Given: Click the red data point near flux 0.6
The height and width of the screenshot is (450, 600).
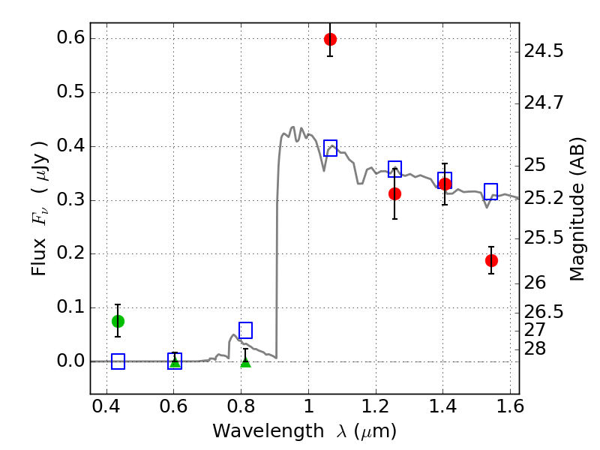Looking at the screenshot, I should [330, 39].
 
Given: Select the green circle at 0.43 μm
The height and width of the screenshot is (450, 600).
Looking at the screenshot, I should [118, 321].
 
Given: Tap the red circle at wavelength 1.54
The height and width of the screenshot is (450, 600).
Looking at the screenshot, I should [491, 260].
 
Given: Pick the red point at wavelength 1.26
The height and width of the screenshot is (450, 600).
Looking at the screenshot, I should [394, 193].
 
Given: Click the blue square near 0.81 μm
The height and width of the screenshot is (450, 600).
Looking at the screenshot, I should [245, 330].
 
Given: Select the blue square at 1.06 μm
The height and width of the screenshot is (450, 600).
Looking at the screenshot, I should [330, 148].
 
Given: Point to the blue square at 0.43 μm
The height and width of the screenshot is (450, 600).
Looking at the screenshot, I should [118, 361].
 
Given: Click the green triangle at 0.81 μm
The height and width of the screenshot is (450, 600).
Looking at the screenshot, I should [245, 361].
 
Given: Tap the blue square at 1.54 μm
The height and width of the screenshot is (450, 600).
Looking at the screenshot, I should [491, 191].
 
